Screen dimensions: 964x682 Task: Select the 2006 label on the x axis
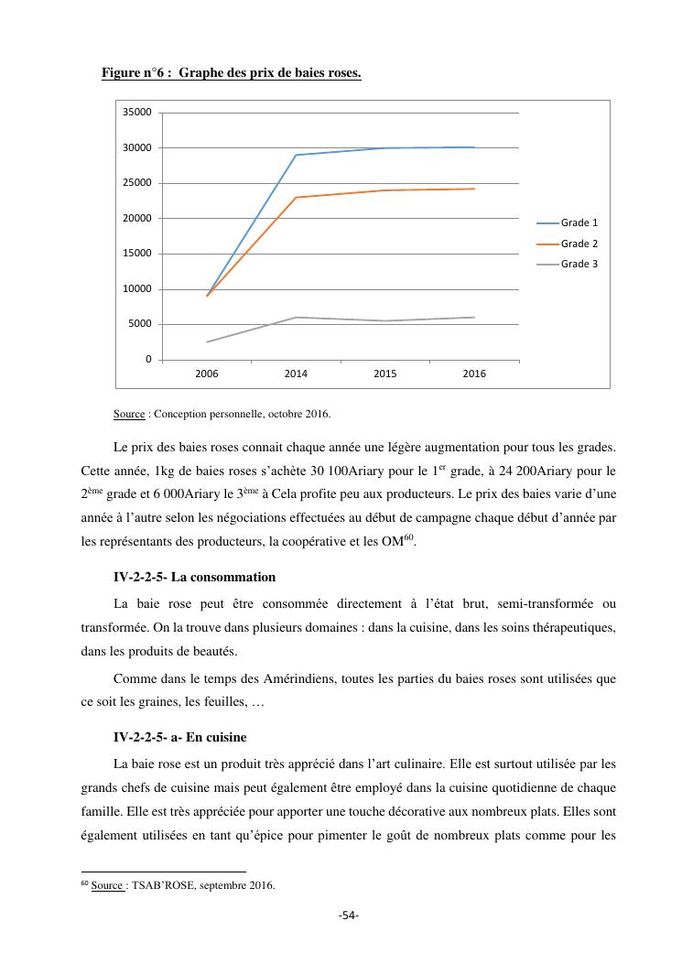207,374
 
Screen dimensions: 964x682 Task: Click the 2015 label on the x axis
385,374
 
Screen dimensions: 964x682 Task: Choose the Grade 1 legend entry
579,222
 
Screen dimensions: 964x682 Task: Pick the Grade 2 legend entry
579,244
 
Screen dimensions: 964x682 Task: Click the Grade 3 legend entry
579,265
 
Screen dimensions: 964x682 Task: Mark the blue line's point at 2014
297,155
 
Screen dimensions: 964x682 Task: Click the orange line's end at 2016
474,189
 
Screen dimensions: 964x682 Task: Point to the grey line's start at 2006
208,341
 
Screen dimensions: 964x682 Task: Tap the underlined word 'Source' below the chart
129,414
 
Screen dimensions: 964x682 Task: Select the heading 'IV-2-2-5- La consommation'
194,578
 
